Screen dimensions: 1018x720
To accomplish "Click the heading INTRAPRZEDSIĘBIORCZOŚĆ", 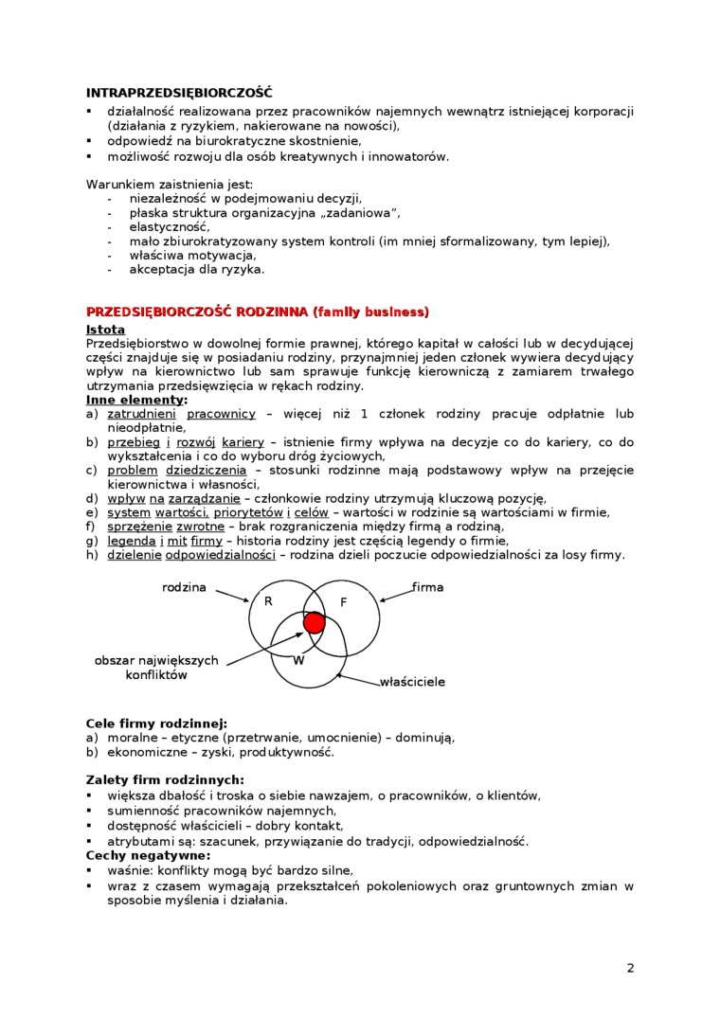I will coord(179,93).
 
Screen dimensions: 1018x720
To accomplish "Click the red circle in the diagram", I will coord(314,622).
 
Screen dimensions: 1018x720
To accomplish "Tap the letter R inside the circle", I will coord(268,601).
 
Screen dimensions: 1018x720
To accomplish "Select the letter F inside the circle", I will coord(344,602).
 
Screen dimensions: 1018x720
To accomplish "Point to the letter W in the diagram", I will coord(297,660).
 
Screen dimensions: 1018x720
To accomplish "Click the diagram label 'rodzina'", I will coord(184,587).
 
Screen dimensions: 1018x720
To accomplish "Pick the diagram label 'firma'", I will coord(427,587).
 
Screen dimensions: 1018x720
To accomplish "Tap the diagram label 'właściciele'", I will coord(412,681).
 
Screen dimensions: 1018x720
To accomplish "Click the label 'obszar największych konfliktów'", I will coord(156,668).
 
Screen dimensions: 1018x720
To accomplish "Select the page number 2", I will coord(630,967).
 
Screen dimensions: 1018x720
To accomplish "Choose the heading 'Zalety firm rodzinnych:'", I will coord(165,780).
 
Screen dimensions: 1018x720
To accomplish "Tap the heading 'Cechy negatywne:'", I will coord(148,855).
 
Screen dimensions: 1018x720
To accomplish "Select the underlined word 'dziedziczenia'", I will coord(206,470).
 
